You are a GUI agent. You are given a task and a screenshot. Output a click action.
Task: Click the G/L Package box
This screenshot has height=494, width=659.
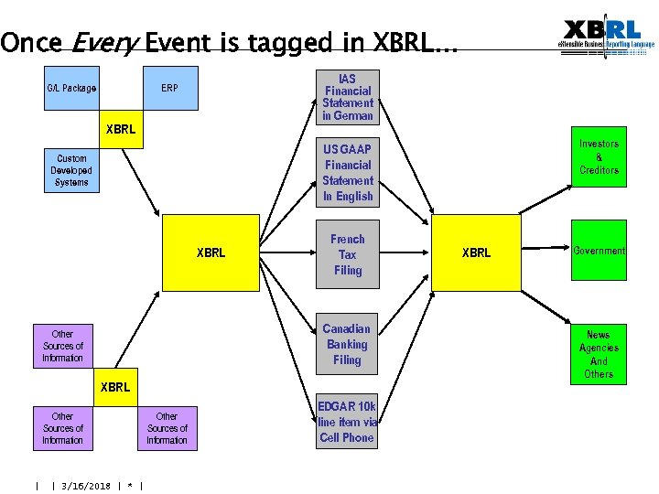[x=71, y=89]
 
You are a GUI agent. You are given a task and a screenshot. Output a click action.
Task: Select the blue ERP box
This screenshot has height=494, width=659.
[x=169, y=89]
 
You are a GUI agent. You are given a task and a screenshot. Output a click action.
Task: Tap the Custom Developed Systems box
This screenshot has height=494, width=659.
[x=71, y=170]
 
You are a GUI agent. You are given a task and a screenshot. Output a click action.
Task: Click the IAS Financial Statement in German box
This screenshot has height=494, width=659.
[x=347, y=98]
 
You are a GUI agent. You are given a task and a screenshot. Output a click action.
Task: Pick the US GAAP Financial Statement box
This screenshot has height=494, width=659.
[x=347, y=172]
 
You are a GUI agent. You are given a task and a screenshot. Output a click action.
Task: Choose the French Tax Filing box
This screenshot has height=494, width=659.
[x=347, y=254]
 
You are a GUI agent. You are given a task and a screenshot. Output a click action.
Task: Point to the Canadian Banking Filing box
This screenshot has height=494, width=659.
[x=347, y=344]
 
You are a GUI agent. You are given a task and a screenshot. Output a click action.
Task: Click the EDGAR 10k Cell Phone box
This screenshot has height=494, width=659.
[x=347, y=422]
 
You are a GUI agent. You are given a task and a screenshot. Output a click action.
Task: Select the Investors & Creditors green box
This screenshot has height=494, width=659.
[x=599, y=157]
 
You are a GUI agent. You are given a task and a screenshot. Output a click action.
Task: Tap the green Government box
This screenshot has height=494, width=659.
[x=599, y=251]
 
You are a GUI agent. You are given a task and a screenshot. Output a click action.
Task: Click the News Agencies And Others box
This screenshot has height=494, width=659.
[x=599, y=354]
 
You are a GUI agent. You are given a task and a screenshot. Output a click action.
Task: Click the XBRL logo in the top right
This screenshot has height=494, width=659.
[x=605, y=37]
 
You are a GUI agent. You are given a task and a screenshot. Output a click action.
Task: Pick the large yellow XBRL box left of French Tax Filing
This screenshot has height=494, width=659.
[x=211, y=252]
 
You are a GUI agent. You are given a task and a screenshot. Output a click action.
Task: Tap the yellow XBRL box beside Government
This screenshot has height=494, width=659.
[x=476, y=252]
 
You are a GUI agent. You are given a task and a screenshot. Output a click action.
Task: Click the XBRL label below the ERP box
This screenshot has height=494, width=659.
[x=121, y=129]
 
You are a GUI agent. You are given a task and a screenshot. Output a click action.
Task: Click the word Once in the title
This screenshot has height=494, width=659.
[x=32, y=42]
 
